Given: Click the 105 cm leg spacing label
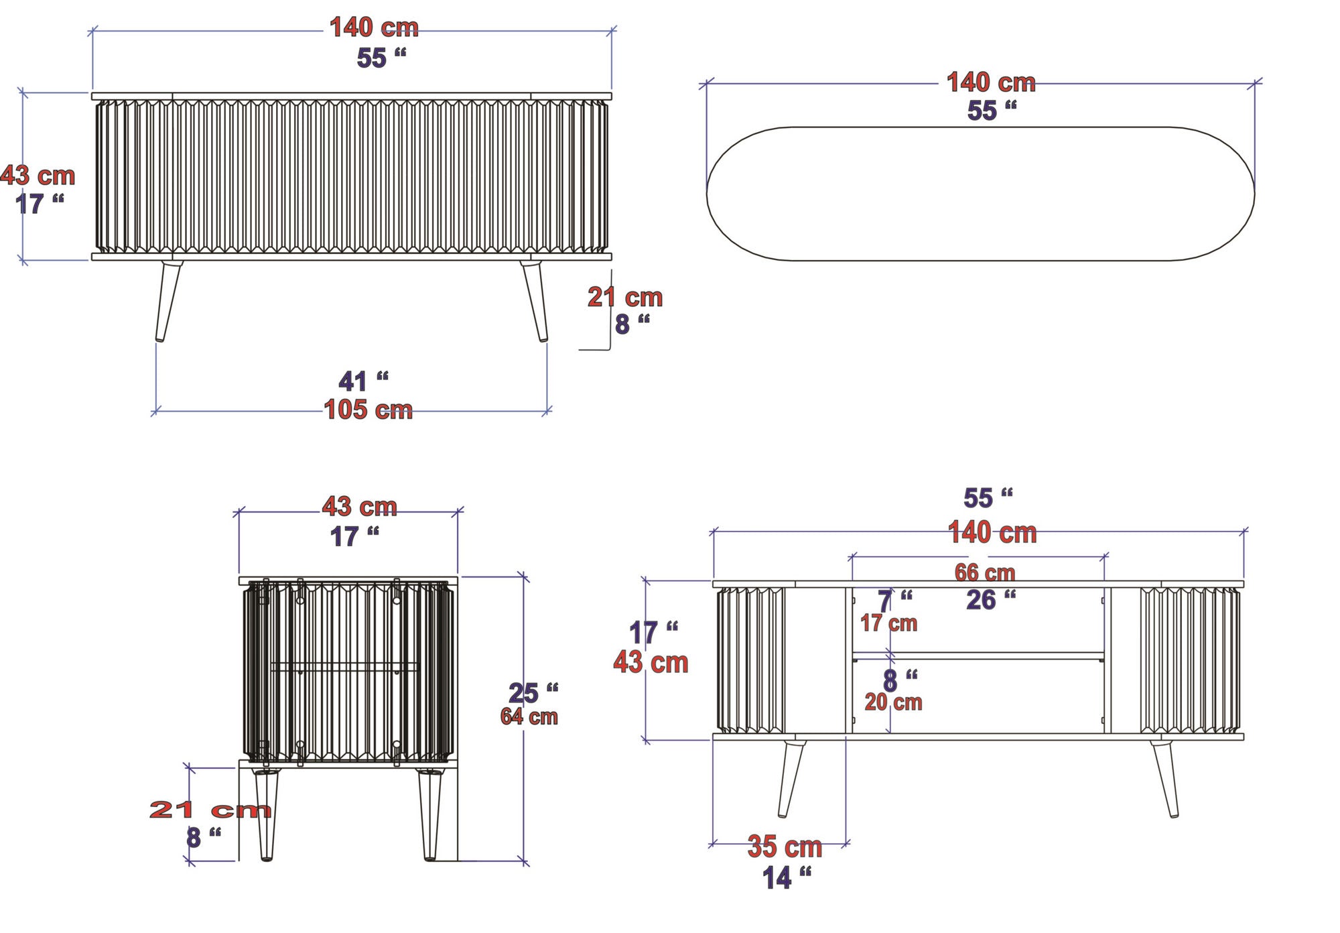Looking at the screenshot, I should (368, 410).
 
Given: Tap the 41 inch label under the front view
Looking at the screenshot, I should (362, 381).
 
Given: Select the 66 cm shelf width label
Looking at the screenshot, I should (984, 572).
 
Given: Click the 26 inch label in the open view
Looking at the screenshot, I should (990, 600).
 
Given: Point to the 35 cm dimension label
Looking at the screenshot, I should (785, 847).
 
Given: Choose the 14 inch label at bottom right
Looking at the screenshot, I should (786, 877).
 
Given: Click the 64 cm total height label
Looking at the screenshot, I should (529, 717).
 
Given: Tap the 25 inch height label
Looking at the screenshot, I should (532, 692).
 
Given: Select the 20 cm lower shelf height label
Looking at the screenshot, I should (893, 702).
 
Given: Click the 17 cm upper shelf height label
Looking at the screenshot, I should (888, 623).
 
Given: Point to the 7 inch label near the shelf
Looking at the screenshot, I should (894, 601).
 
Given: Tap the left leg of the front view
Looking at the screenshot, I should (168, 301).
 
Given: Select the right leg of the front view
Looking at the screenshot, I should (535, 301).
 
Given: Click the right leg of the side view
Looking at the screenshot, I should (429, 814).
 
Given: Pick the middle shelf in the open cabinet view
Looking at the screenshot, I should (978, 656).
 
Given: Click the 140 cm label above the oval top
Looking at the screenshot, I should (990, 82).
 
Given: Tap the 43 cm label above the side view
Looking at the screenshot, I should (360, 507).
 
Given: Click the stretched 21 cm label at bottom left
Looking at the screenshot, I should (210, 810).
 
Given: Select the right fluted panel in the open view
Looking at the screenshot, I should (1190, 661).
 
